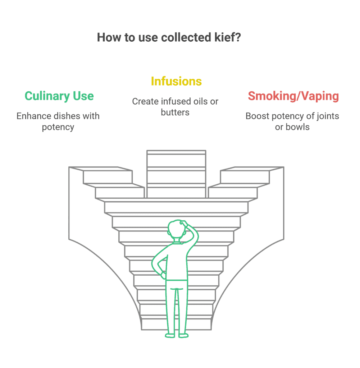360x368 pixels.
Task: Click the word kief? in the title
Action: point(228,37)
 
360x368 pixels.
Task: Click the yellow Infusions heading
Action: point(176,82)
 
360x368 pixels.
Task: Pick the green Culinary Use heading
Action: point(59,96)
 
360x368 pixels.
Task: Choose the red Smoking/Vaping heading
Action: point(293,96)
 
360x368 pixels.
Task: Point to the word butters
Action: point(175,112)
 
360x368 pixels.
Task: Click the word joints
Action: point(327,116)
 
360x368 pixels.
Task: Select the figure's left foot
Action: point(170,336)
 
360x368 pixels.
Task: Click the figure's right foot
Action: point(183,336)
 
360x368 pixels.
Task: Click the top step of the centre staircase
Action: point(176,152)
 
